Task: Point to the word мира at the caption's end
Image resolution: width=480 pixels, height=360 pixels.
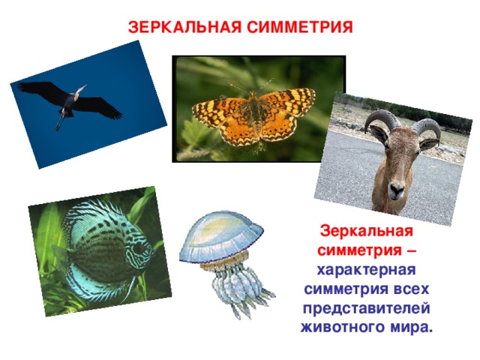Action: click(413, 328)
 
